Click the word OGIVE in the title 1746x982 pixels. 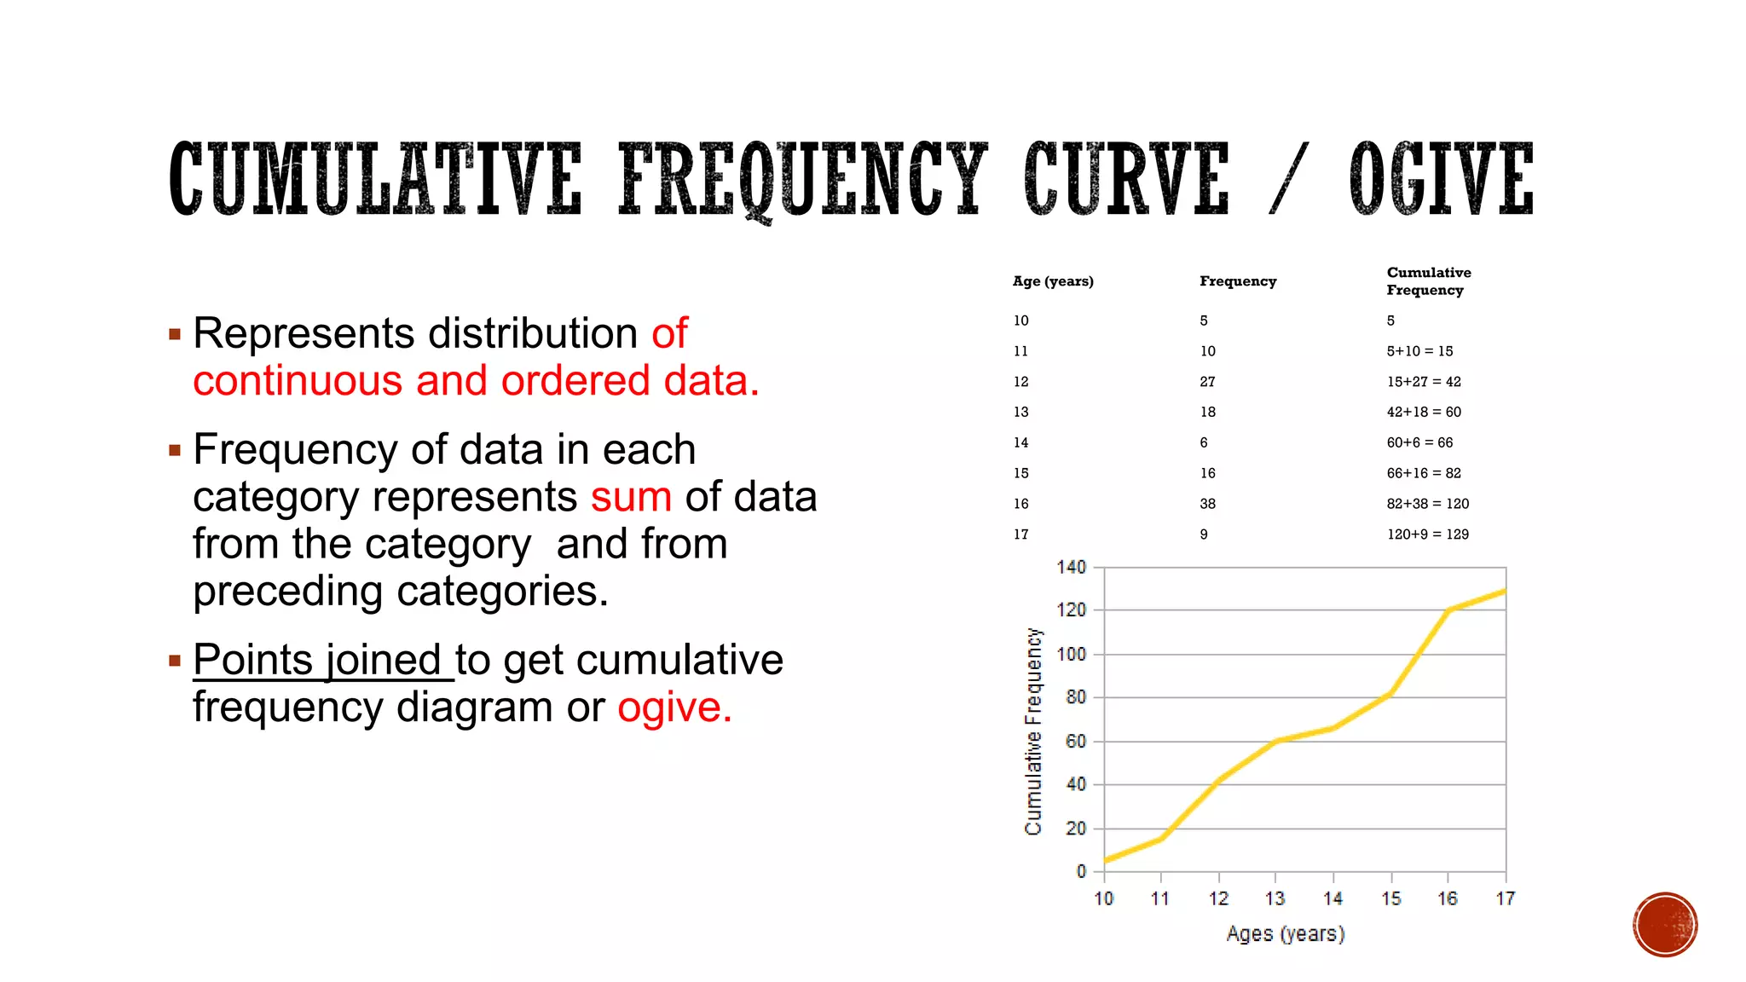pyautogui.click(x=1441, y=180)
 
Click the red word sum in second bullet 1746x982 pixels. pyautogui.click(x=631, y=497)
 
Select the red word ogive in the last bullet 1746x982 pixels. pyautogui.click(x=674, y=708)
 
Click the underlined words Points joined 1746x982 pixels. pyautogui.click(x=317, y=660)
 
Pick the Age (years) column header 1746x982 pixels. pyautogui.click(x=1053, y=281)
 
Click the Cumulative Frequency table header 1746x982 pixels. pyautogui.click(x=1428, y=281)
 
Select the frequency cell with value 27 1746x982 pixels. pyautogui.click(x=1207, y=382)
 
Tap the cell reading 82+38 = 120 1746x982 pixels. pyautogui.click(x=1427, y=504)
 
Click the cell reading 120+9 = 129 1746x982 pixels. pyautogui.click(x=1427, y=534)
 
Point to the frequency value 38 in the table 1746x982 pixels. pyautogui.click(x=1207, y=504)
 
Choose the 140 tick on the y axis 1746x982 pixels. pyautogui.click(x=1071, y=568)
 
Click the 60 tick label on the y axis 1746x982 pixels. pyautogui.click(x=1076, y=742)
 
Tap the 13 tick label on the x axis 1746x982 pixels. pyautogui.click(x=1275, y=898)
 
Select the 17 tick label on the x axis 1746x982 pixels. pyautogui.click(x=1506, y=898)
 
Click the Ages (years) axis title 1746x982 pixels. pyautogui.click(x=1286, y=934)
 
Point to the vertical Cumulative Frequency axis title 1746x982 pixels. pyautogui.click(x=1033, y=731)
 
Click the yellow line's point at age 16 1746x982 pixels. pyautogui.click(x=1448, y=610)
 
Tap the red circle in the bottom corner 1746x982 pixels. pyautogui.click(x=1665, y=925)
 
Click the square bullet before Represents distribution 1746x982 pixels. pyautogui.click(x=175, y=334)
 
